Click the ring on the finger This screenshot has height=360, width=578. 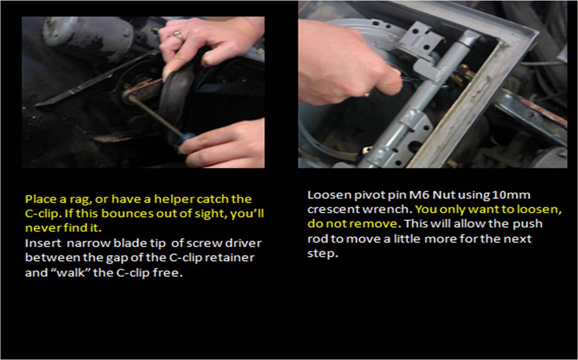pos(179,35)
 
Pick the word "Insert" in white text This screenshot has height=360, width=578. pos(43,243)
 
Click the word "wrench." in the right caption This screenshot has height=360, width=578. pos(387,209)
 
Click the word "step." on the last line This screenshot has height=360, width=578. pos(323,254)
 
